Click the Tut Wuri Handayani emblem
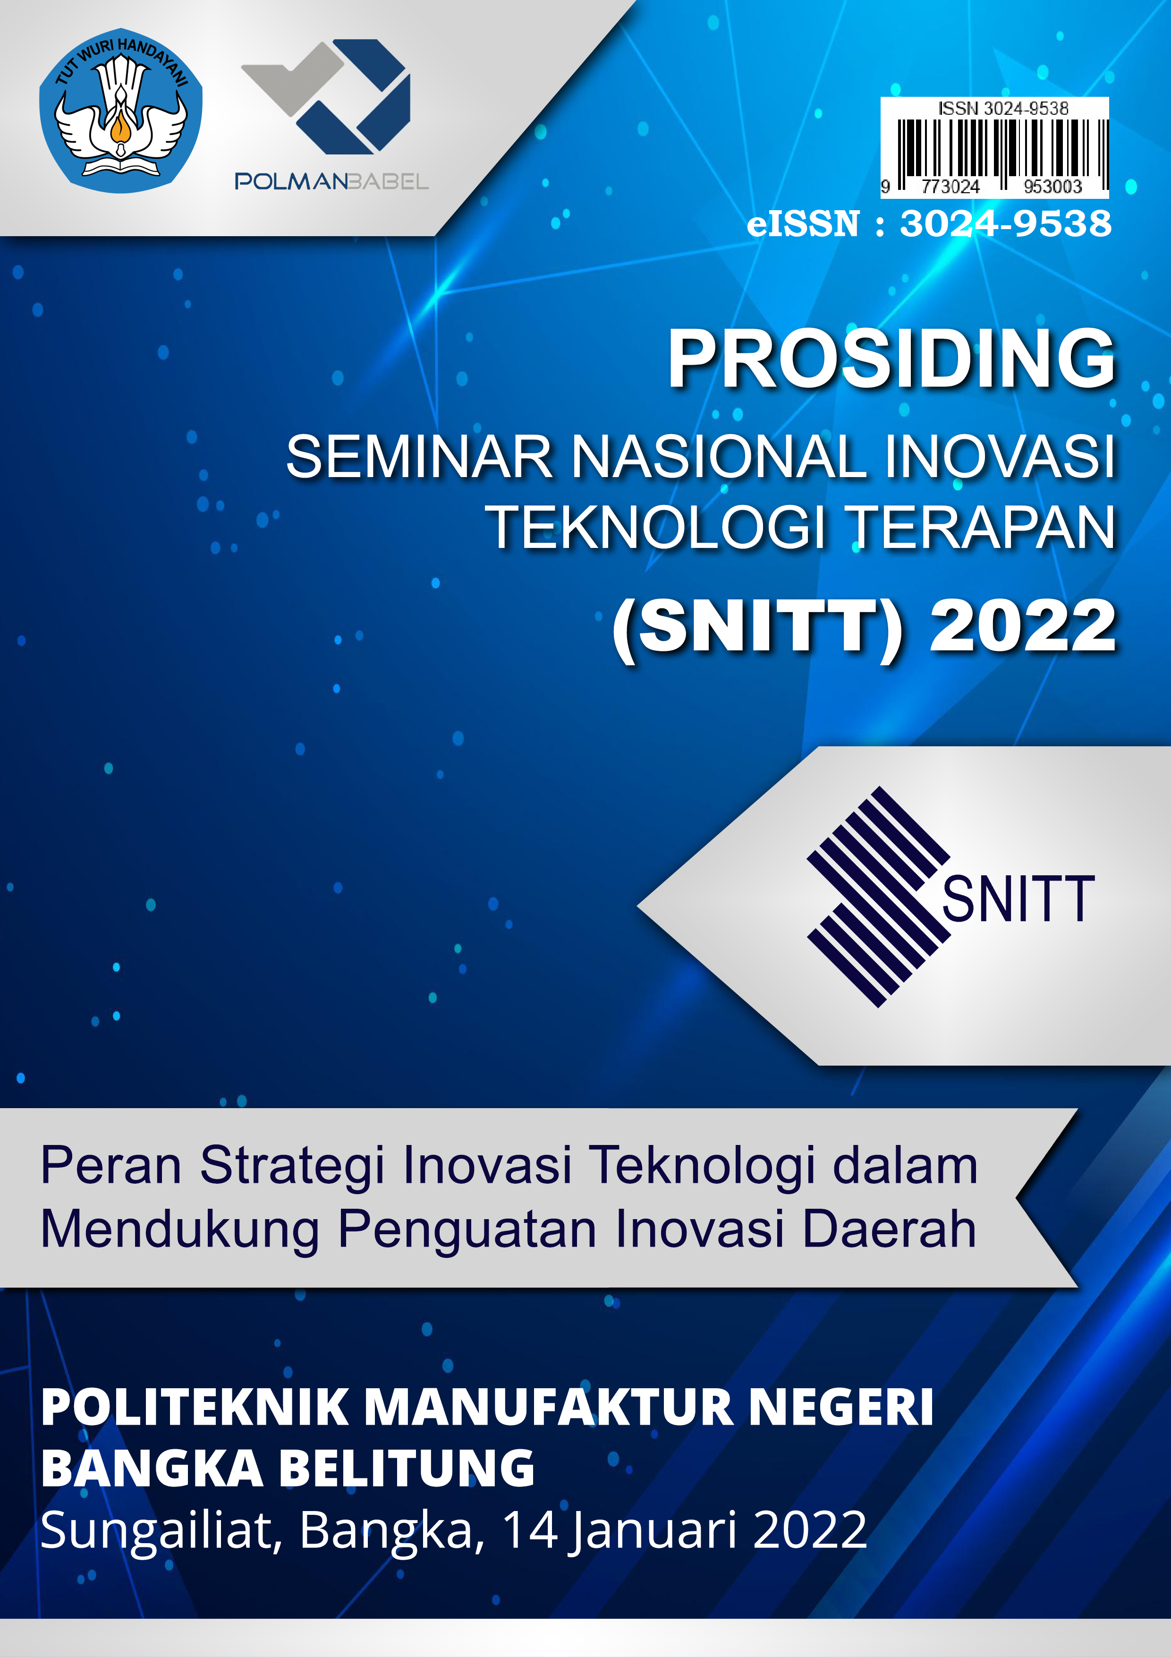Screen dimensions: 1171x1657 [x=120, y=111]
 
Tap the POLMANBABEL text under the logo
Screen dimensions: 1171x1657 [x=332, y=181]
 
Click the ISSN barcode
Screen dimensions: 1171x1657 [x=994, y=147]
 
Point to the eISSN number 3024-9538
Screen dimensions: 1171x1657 [x=1006, y=224]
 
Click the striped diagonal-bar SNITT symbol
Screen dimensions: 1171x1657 [x=878, y=897]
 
